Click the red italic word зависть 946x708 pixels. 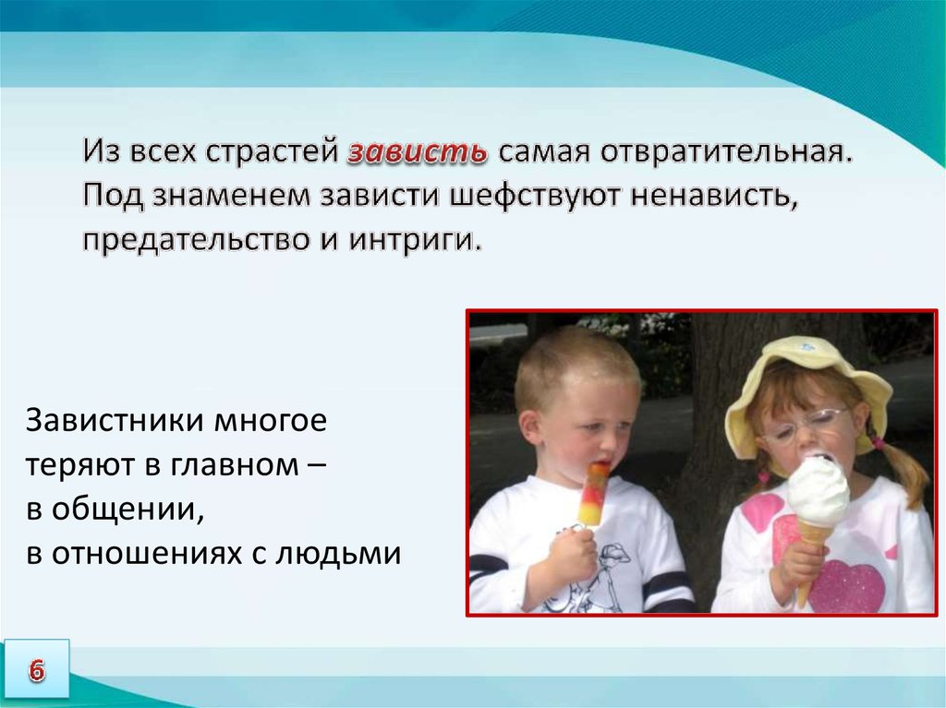tap(418, 152)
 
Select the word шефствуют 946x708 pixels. tap(539, 196)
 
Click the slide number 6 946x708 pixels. tap(36, 670)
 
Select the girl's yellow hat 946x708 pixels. tap(808, 386)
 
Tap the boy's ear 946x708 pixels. tap(529, 426)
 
